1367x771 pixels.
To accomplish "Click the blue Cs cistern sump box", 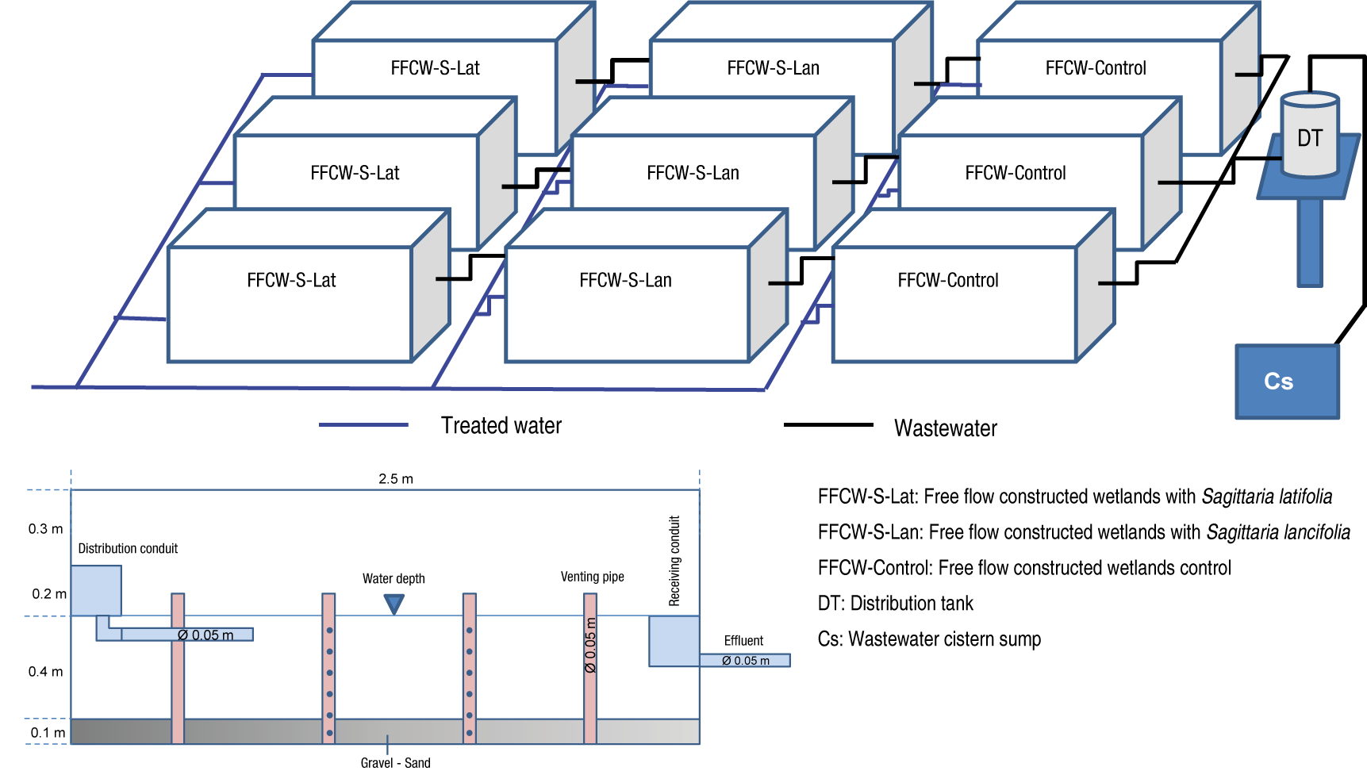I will click(x=1287, y=382).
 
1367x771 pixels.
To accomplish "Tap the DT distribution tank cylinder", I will click(x=1310, y=136).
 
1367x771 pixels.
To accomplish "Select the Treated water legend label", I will click(x=501, y=426).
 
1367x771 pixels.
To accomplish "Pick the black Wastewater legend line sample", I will click(x=827, y=425).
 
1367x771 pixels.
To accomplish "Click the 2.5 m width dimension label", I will click(x=395, y=479).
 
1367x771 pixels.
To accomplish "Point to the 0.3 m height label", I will click(x=45, y=529).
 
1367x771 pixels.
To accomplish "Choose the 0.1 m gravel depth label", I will click(x=48, y=733).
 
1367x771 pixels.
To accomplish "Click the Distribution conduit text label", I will click(x=128, y=549).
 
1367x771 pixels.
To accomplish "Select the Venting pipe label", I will click(x=592, y=577).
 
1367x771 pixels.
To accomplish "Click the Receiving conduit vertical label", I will click(x=674, y=561).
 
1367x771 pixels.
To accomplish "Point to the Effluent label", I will click(x=743, y=641).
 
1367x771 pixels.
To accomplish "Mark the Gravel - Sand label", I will click(x=395, y=762).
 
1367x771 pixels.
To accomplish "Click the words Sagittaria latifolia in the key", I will click(x=1266, y=497).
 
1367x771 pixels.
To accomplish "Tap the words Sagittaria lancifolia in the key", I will click(x=1277, y=532).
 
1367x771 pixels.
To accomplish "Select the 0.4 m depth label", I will click(x=45, y=672).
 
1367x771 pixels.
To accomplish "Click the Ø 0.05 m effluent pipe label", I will click(x=745, y=661).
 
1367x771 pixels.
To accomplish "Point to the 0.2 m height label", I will click(x=48, y=594).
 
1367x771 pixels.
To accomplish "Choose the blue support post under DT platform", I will click(x=1310, y=242).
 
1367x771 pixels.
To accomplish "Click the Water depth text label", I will click(x=394, y=579).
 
